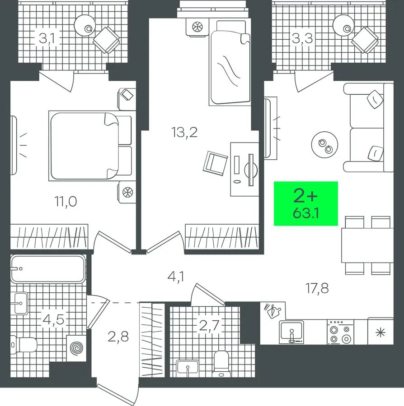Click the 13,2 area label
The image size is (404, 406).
(x=184, y=132)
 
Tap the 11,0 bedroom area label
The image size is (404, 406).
(x=66, y=202)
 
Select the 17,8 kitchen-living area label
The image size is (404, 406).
(x=317, y=288)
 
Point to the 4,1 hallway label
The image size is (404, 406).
(x=176, y=277)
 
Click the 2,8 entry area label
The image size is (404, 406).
(x=118, y=337)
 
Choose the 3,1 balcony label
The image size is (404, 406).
(x=47, y=39)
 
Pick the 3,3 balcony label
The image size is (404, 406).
(x=302, y=39)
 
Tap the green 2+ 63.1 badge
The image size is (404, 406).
(x=306, y=203)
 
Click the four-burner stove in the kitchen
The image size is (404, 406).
(x=340, y=332)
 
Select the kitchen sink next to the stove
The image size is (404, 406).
(x=291, y=332)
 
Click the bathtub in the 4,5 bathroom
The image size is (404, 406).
(x=48, y=269)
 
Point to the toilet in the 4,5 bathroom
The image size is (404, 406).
(x=24, y=345)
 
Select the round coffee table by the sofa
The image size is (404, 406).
(x=324, y=144)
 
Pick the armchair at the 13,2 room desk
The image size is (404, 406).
(x=215, y=163)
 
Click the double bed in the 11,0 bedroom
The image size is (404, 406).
(x=92, y=146)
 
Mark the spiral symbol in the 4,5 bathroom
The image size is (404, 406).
(x=77, y=348)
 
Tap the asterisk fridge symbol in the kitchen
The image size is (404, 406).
(x=381, y=332)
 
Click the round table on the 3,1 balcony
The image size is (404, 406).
(x=85, y=25)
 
